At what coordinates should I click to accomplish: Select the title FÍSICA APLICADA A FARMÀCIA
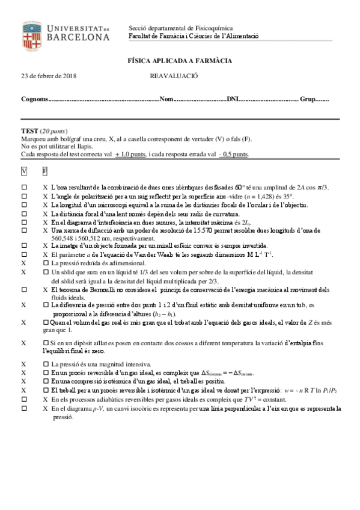(x=180, y=61)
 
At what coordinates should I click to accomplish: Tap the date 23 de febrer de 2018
(x=53, y=76)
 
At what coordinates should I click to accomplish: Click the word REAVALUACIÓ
(x=174, y=76)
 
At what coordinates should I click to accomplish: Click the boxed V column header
(x=24, y=171)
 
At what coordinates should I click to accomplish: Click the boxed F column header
(x=45, y=171)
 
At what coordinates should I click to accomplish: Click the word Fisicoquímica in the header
(x=213, y=28)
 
